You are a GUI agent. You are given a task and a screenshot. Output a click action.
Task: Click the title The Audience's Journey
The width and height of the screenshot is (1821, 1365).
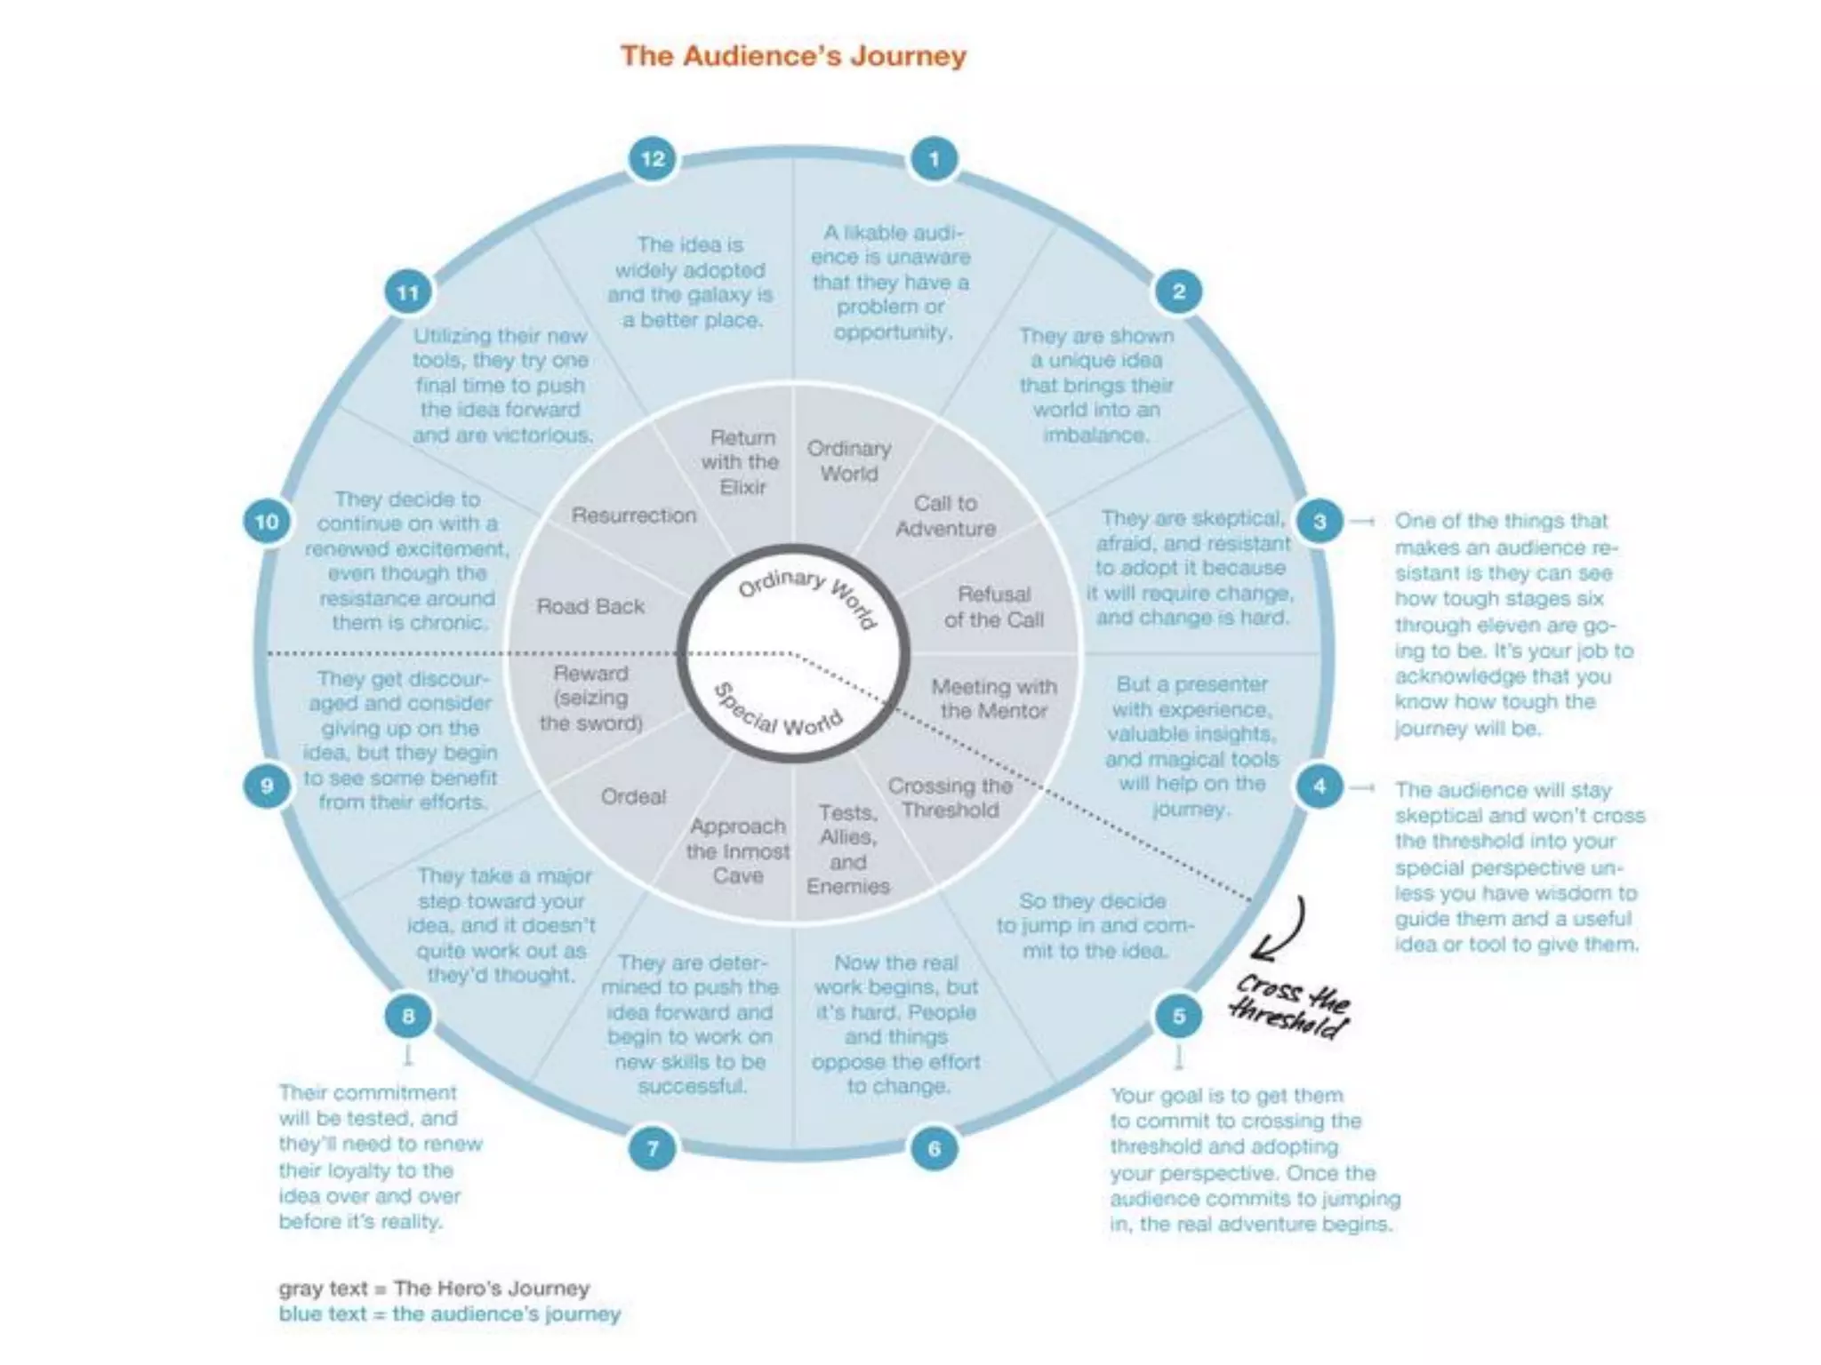point(793,56)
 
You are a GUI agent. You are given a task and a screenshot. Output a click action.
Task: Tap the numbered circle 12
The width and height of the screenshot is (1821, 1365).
point(653,159)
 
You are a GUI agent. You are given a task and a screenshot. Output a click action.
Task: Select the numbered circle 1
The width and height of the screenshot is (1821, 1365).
point(934,159)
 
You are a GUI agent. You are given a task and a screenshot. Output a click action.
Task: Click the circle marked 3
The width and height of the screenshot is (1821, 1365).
point(1320,521)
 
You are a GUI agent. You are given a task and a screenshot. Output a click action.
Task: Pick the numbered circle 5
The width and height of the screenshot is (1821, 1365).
point(1179,1016)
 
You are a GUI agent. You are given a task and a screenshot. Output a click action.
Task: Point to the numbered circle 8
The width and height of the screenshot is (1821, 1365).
point(408,1016)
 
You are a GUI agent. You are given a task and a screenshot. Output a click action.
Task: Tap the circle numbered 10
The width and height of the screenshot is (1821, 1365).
point(267,521)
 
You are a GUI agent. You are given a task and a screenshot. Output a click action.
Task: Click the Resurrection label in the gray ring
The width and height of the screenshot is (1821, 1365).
point(634,515)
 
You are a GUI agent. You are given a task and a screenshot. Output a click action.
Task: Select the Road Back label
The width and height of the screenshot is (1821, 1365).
point(590,606)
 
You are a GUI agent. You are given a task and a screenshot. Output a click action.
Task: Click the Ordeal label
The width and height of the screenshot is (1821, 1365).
point(633,796)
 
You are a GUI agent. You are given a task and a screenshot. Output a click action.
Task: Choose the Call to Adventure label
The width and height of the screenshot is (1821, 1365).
point(945,515)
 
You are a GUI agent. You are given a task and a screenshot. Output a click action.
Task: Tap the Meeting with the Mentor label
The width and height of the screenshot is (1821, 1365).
point(994,698)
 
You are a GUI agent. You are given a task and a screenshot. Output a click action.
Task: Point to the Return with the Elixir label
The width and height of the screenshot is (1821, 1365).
point(740,462)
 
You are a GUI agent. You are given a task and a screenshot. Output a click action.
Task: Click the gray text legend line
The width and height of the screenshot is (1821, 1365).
point(434,1288)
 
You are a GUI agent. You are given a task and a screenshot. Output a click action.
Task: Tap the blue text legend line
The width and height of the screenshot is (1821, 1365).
point(449,1313)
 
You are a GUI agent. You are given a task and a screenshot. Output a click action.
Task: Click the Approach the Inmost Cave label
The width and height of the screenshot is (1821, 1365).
point(738,850)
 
